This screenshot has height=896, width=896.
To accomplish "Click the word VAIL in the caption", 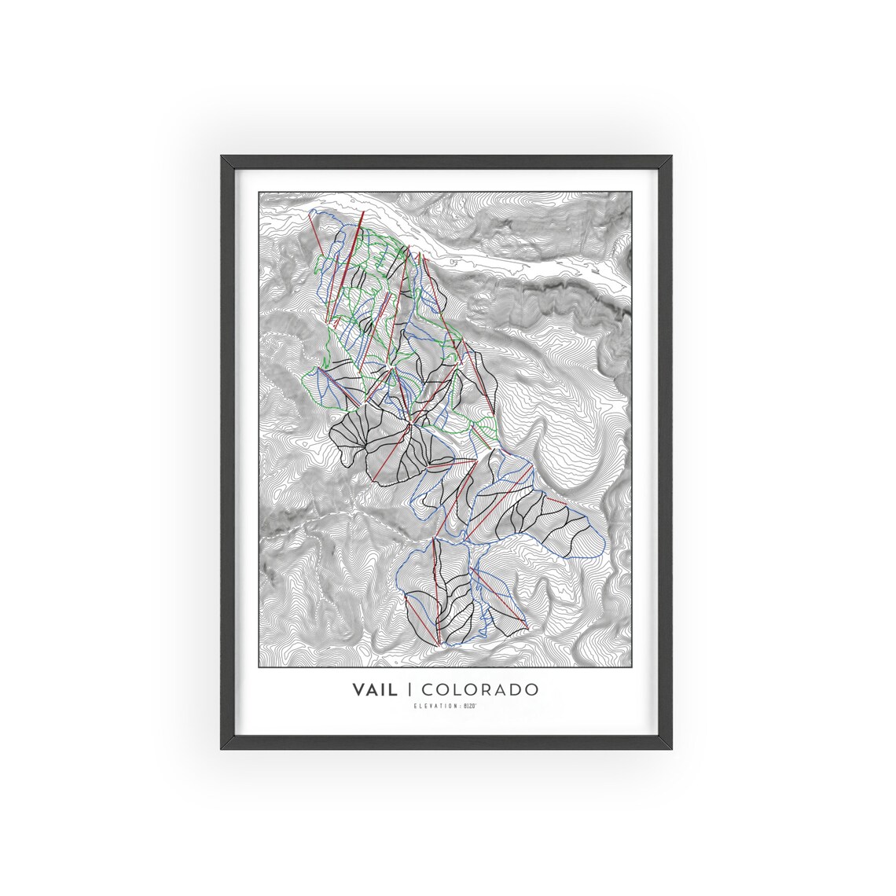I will [376, 689].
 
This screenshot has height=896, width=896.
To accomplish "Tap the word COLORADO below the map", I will [480, 689].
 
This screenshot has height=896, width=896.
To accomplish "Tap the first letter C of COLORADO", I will [429, 689].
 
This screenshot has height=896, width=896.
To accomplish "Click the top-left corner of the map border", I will [259, 191].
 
